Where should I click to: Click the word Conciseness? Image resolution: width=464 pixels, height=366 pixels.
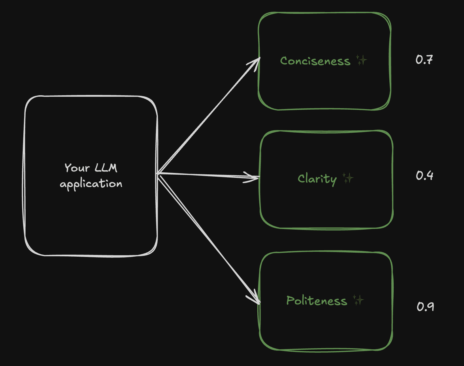(x=315, y=61)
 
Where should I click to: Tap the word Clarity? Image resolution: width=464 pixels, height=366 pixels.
(x=317, y=179)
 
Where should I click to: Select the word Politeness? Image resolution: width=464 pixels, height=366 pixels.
(x=316, y=301)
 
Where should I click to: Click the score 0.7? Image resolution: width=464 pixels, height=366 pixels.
(x=424, y=60)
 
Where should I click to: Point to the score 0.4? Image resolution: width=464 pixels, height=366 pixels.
(x=424, y=176)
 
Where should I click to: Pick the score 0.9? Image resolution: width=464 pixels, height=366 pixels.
(x=425, y=306)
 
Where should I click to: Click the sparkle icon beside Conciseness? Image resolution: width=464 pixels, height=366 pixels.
(x=361, y=60)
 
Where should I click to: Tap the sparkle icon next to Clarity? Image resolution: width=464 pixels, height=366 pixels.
(x=348, y=178)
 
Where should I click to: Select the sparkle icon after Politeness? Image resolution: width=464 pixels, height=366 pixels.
(x=359, y=300)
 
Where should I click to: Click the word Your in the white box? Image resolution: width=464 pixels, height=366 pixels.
(x=77, y=168)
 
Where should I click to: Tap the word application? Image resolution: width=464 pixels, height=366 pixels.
(x=91, y=184)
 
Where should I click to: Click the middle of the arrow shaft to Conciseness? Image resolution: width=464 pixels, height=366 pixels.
(x=208, y=116)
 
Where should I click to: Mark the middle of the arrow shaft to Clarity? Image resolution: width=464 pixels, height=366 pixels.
(x=208, y=176)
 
